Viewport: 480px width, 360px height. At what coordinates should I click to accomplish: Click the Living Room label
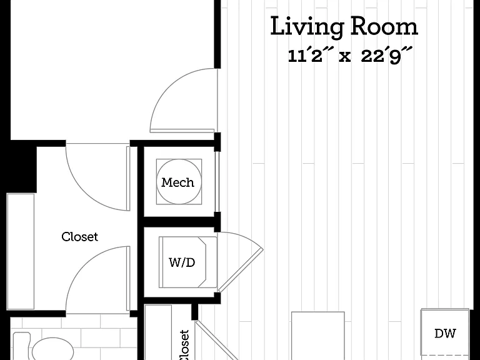(x=344, y=27)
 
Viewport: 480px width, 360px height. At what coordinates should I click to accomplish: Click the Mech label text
(x=177, y=182)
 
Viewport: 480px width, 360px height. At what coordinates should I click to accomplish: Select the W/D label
(x=182, y=262)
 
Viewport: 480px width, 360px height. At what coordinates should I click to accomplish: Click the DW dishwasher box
(x=445, y=334)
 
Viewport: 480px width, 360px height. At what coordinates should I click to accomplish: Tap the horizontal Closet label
(x=79, y=237)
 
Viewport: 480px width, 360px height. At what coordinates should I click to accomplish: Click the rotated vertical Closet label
(x=184, y=345)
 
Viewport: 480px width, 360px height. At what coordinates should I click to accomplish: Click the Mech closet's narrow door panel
(x=217, y=181)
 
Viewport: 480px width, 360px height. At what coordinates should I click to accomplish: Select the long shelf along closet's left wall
(x=21, y=251)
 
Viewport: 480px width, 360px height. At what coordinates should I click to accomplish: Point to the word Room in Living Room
(x=384, y=27)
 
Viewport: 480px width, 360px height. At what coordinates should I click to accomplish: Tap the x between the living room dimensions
(x=345, y=57)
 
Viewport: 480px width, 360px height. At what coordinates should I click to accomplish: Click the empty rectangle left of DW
(x=317, y=336)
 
